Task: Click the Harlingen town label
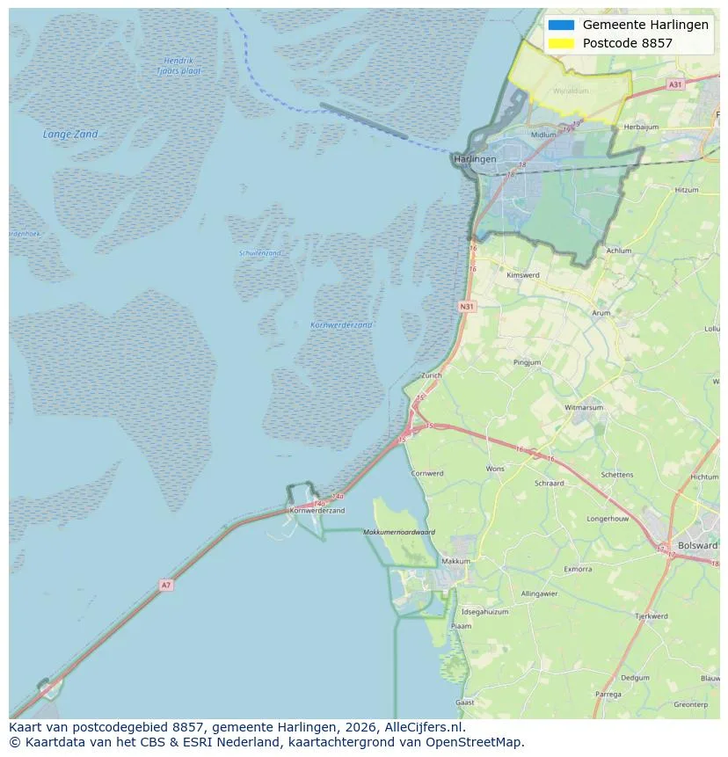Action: pos(476,159)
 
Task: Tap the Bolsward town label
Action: pos(697,545)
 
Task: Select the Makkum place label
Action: pos(456,561)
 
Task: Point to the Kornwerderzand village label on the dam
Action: pos(317,510)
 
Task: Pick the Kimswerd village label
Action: pos(522,275)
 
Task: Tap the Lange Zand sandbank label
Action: pos(70,135)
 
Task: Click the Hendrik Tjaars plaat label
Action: pos(178,66)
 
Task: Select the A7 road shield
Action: pos(165,585)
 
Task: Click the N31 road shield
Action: pos(467,307)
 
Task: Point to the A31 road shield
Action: pos(674,84)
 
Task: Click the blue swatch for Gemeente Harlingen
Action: pos(560,25)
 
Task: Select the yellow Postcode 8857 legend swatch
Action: pos(560,43)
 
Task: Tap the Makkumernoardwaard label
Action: pos(399,532)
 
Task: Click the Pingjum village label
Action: pos(528,362)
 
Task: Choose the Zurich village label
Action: pos(431,375)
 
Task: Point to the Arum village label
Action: pos(601,313)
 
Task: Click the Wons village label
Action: pos(495,469)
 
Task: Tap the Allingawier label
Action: pos(539,593)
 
